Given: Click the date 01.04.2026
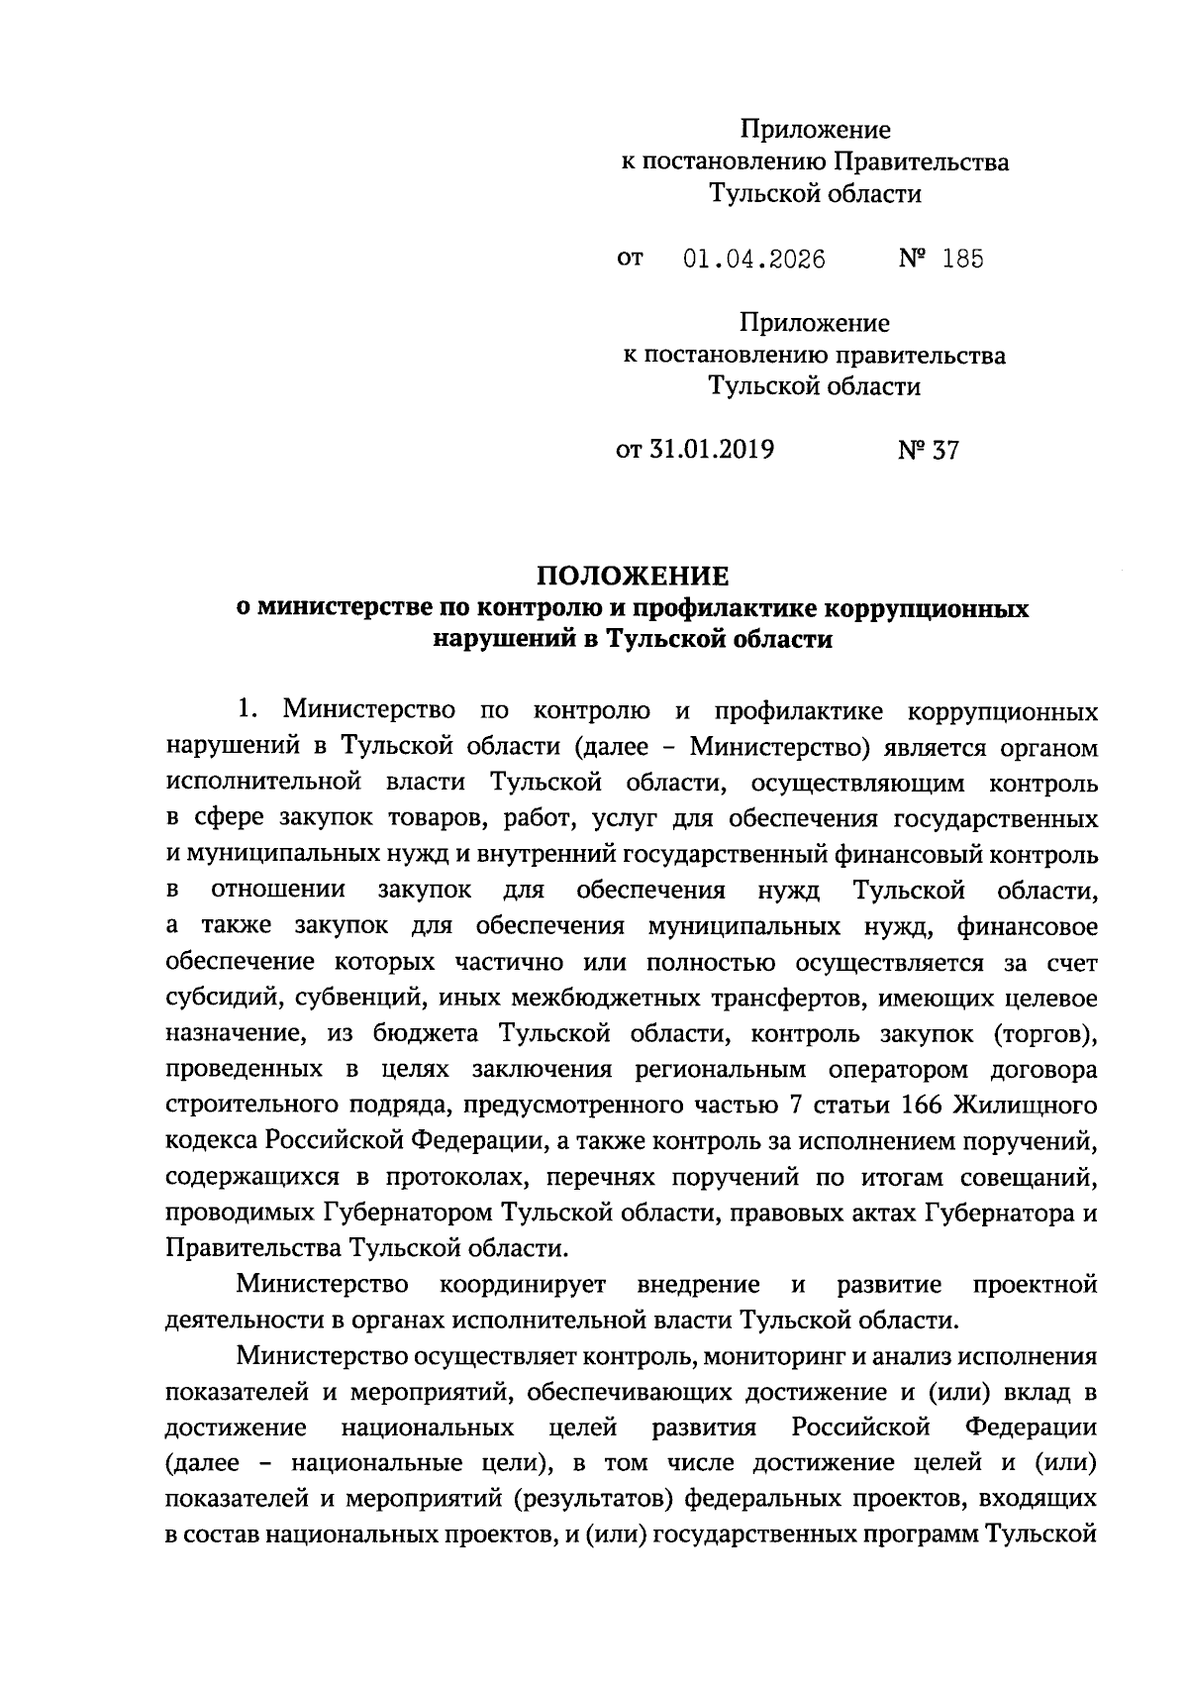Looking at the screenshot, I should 754,260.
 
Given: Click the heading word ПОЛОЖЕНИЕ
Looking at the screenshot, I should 633,576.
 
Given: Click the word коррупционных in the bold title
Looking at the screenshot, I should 927,608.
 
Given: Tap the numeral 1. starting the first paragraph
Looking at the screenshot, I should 247,710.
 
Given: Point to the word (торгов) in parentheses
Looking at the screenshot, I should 1039,1033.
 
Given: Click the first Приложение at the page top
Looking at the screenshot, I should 815,130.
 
